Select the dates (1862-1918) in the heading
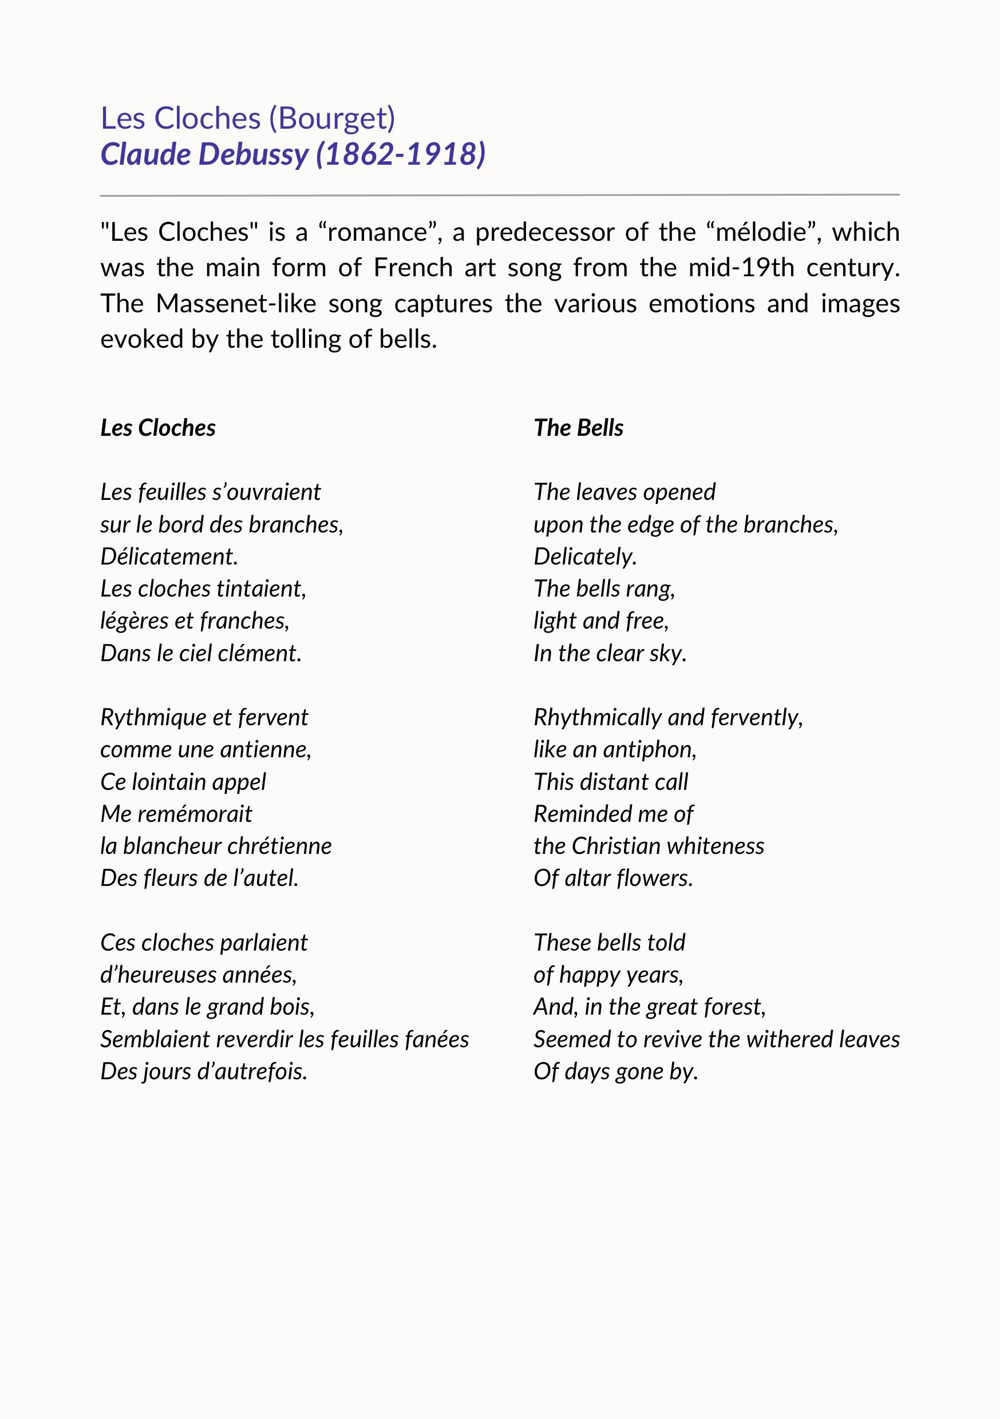(x=401, y=154)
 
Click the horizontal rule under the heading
(x=500, y=195)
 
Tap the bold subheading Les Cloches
(x=158, y=428)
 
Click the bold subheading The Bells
(x=578, y=428)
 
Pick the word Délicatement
(x=169, y=557)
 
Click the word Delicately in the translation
(x=585, y=557)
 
